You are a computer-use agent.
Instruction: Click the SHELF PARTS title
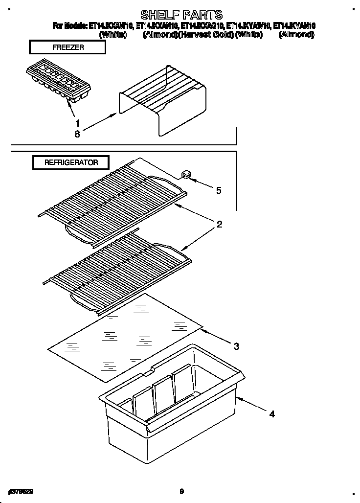181,15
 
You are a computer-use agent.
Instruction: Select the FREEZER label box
67,47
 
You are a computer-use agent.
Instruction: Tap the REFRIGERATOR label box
71,162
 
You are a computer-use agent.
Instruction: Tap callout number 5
219,190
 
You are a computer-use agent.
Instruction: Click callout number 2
220,225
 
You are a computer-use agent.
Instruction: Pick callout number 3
236,346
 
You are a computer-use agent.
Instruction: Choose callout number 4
272,414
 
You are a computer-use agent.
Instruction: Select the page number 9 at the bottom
181,491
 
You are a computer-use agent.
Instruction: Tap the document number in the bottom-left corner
21,490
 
